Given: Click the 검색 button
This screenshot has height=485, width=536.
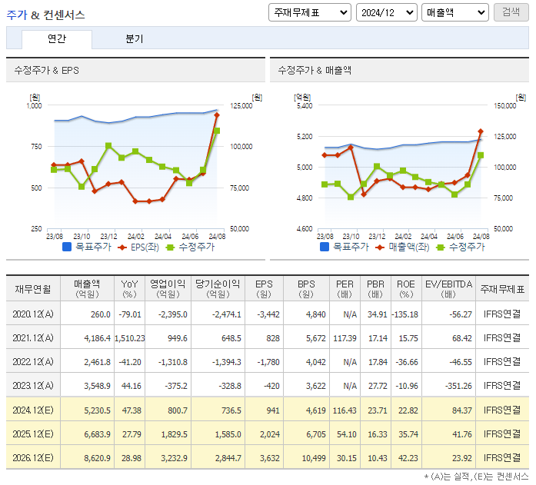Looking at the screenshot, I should click(511, 12).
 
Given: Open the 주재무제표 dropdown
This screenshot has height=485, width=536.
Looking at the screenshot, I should click(310, 12).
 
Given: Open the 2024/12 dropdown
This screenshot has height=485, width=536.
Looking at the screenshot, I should click(386, 12).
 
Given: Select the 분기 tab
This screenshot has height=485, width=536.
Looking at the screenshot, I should click(135, 39).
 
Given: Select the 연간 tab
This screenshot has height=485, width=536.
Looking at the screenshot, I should click(56, 39).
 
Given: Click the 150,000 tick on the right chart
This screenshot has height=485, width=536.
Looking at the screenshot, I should click(504, 106).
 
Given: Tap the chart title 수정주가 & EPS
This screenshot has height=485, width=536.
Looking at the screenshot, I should click(46, 70).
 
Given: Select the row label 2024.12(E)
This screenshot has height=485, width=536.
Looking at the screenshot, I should click(33, 410).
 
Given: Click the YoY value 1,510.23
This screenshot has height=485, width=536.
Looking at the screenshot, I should click(128, 338).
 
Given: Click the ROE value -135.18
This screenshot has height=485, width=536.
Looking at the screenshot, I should click(405, 314).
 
